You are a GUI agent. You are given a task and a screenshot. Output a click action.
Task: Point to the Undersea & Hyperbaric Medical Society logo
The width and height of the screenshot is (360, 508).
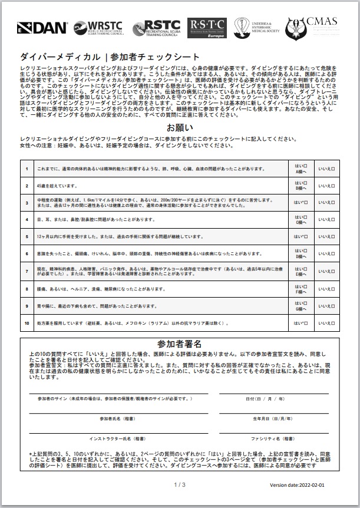click(257, 27)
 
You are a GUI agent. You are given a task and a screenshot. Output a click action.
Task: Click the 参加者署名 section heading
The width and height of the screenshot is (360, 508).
click(180, 343)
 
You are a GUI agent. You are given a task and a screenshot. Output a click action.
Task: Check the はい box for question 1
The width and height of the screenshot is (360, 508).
click(301, 169)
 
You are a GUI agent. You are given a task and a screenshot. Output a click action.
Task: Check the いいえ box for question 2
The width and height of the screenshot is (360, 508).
click(327, 186)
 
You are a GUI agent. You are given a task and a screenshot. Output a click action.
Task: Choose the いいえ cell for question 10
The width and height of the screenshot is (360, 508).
click(327, 323)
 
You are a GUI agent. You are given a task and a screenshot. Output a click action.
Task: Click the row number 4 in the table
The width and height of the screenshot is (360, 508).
click(27, 220)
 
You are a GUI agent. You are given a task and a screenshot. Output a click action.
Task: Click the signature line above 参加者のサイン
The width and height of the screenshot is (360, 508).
click(118, 393)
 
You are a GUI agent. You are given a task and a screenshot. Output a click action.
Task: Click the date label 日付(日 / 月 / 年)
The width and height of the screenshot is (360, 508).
click(265, 399)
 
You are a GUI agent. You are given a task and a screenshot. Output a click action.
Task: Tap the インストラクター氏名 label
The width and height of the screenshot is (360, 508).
click(117, 439)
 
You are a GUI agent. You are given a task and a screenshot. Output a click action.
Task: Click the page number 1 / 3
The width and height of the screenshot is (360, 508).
click(180, 484)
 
